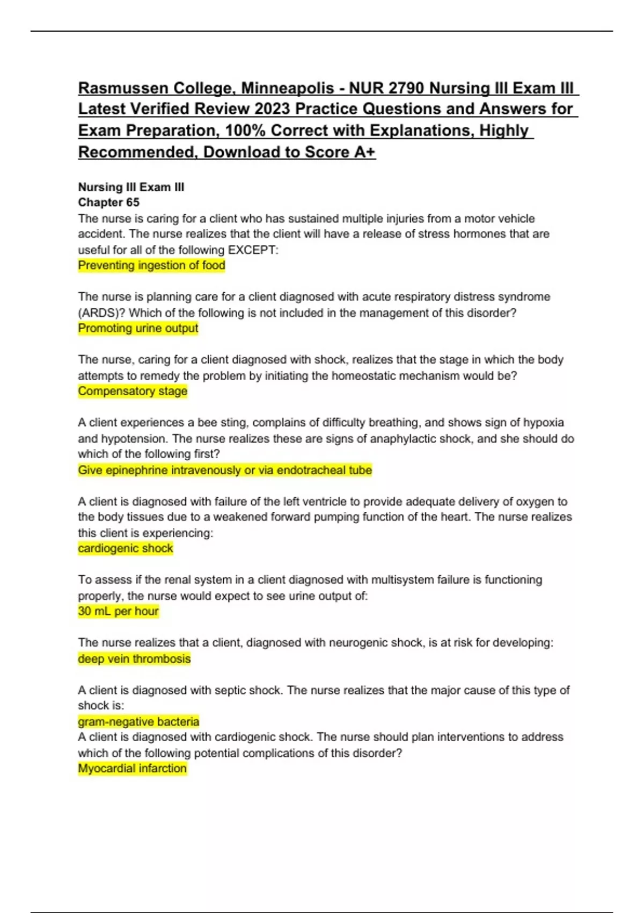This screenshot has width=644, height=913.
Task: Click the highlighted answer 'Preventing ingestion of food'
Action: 151,265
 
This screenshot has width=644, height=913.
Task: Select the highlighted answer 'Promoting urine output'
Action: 138,328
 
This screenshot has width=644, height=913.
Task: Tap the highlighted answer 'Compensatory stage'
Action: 133,391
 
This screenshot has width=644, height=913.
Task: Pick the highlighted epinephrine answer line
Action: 225,470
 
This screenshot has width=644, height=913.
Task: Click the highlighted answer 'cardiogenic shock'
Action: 126,548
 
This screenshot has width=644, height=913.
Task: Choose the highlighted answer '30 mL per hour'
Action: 118,611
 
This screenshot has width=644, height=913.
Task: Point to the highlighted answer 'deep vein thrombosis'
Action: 134,659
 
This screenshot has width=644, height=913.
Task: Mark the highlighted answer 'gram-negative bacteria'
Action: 138,722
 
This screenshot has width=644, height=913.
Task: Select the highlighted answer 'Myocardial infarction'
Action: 132,769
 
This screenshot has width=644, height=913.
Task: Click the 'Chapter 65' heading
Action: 108,202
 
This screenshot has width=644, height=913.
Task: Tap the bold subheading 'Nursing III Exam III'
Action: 131,187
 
